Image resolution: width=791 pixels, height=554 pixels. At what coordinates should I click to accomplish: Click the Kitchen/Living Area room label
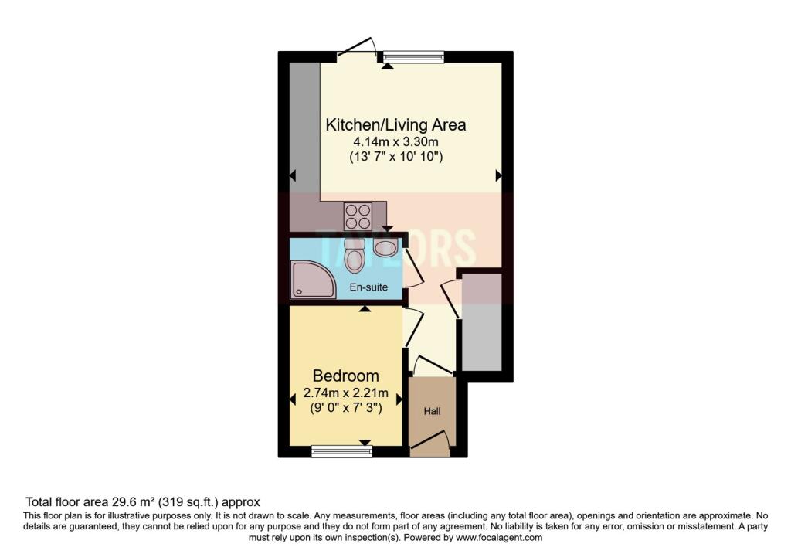(395, 124)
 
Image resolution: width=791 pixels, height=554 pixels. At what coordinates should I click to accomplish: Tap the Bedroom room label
(345, 376)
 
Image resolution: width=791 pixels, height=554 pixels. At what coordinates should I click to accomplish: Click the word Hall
(432, 411)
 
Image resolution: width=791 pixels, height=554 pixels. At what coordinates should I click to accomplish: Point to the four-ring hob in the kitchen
(358, 212)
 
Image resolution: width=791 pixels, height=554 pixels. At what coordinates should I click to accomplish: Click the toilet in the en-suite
(355, 256)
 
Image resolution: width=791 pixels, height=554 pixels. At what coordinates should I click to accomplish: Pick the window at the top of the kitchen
(413, 56)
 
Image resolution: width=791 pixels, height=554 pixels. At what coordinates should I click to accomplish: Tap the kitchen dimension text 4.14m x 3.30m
(395, 141)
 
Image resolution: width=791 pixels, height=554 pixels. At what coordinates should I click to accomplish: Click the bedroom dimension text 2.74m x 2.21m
(345, 393)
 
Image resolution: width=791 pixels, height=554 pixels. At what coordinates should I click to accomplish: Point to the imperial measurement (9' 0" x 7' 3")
(345, 407)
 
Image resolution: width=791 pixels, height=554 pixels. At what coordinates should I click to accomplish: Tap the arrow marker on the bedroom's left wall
(293, 399)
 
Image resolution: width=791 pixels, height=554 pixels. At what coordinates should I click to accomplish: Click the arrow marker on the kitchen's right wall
(498, 176)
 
